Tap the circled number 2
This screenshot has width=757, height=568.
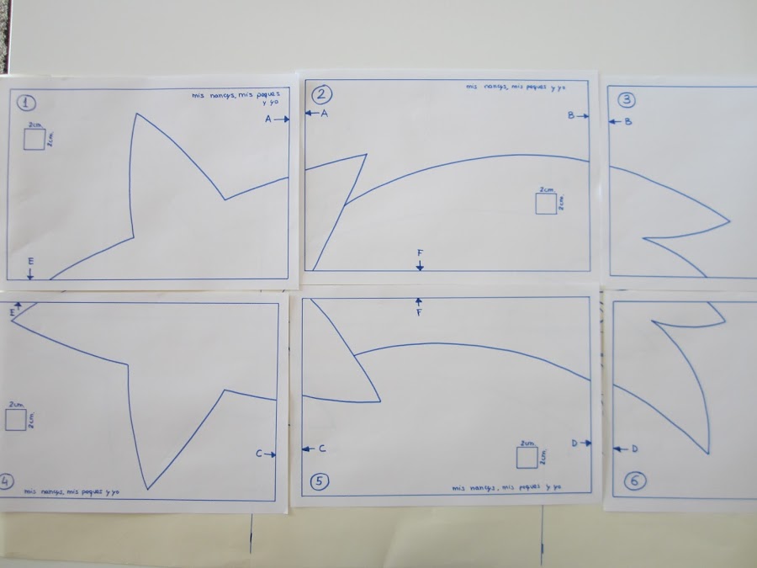click(322, 94)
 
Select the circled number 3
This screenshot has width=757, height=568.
click(627, 100)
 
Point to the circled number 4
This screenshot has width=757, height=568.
click(7, 481)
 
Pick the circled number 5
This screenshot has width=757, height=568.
click(320, 481)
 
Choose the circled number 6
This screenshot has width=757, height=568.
click(635, 481)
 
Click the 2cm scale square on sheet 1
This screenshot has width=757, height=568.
click(34, 140)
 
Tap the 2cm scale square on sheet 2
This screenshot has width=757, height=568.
click(547, 204)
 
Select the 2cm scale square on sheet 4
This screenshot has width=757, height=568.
click(16, 420)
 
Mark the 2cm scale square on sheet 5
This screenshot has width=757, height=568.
click(527, 457)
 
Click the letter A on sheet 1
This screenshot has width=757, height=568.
click(268, 119)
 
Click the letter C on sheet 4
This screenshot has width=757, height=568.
click(259, 454)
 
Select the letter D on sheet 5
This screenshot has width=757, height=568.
click(574, 443)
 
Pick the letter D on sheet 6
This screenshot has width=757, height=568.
click(634, 449)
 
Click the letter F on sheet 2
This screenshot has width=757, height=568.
click(420, 252)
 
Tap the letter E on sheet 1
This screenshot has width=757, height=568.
click(30, 263)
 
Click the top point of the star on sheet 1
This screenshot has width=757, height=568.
click(135, 114)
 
